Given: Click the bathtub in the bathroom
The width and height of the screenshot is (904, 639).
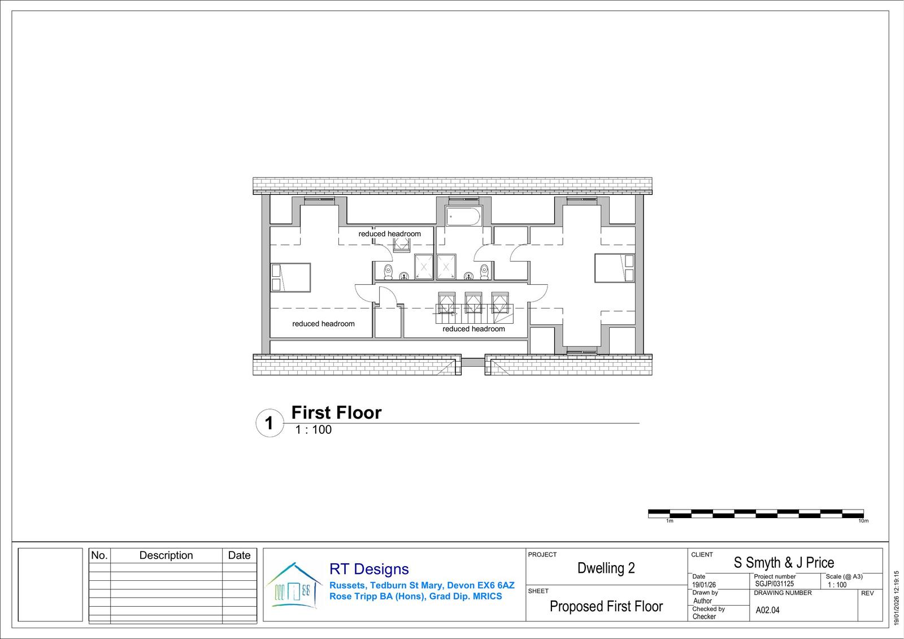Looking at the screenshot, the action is (x=463, y=216).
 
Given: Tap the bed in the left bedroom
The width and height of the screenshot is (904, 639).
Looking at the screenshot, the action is (x=290, y=277).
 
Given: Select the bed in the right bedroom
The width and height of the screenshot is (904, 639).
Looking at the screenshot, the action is (x=614, y=268).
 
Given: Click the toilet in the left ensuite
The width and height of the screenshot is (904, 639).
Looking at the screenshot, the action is (x=388, y=272).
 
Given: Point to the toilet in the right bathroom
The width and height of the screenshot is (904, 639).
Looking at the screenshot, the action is (x=484, y=272).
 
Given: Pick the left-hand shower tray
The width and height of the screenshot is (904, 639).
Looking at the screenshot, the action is (x=424, y=267).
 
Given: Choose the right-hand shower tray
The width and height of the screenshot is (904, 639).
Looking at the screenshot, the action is (x=446, y=267).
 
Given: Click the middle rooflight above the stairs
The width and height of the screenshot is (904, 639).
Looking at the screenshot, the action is (x=473, y=303).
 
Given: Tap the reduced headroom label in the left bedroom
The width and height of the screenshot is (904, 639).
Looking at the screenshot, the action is (x=323, y=324).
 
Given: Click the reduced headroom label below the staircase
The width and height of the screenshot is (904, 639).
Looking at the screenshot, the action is (x=473, y=329).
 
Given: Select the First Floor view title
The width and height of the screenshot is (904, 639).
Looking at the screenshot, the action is (x=336, y=412).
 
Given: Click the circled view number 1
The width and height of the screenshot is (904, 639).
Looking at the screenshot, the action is (x=270, y=423).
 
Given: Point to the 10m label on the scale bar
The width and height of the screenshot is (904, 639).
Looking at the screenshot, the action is (x=863, y=521).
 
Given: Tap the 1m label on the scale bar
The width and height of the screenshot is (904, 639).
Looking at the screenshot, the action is (x=670, y=521).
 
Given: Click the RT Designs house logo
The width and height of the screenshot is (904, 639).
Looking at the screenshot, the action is (x=294, y=585).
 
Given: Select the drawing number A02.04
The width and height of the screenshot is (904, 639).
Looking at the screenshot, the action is (x=768, y=610).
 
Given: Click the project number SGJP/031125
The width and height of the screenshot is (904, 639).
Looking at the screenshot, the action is (x=775, y=584).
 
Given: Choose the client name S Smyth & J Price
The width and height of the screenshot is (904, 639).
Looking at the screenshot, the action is (x=784, y=562).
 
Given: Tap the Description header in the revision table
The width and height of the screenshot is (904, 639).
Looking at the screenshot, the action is (x=166, y=555).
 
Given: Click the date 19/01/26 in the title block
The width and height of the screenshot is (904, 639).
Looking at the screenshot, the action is (x=704, y=585).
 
